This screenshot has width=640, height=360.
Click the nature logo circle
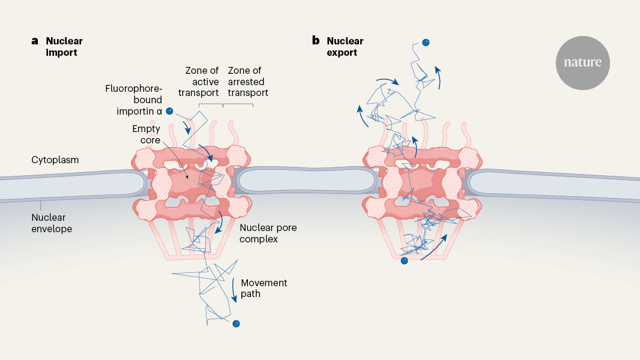[582, 62]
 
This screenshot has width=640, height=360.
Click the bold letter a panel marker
[35, 41]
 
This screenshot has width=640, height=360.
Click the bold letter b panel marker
[315, 41]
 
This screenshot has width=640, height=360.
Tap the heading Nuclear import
[64, 47]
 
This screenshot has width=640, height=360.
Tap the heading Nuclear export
[345, 47]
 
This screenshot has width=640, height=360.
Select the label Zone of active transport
[201, 82]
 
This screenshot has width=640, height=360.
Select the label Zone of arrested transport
[247, 82]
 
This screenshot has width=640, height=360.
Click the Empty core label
[146, 134]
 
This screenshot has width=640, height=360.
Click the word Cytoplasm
[55, 160]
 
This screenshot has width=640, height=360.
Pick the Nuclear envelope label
[52, 223]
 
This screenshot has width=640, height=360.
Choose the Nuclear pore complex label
[267, 233]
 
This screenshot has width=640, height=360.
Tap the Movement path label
[264, 289]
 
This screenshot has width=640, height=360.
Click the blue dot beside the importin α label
[170, 110]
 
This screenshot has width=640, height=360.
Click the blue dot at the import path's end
[236, 324]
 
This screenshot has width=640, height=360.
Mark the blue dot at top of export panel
[426, 43]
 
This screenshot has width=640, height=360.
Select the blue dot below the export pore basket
[404, 260]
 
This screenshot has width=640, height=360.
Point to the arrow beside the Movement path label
[234, 286]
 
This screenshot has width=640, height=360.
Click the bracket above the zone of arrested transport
[238, 104]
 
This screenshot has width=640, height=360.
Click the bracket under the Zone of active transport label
[211, 104]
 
